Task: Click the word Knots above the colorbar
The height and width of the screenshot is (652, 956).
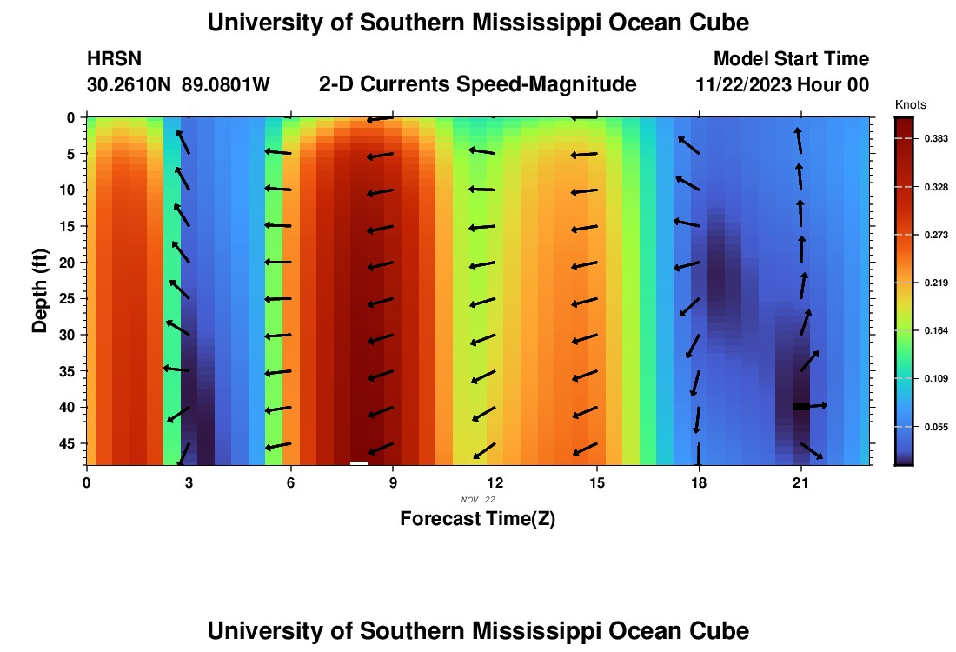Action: [x=910, y=104]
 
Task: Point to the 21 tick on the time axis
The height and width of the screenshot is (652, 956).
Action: [x=800, y=482]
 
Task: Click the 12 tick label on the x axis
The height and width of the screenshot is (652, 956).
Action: [x=495, y=482]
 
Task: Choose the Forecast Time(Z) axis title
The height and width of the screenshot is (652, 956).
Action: [x=477, y=519]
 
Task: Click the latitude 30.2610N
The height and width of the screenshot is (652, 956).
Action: [x=129, y=85]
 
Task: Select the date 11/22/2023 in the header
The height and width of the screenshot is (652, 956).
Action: [x=750, y=85]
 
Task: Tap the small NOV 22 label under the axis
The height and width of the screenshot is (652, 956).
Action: [x=477, y=500]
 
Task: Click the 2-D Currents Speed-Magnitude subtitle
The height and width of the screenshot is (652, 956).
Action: [x=477, y=84]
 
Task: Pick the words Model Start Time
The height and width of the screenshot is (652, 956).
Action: [x=790, y=59]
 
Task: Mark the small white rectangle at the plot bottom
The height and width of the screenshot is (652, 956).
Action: [x=358, y=463]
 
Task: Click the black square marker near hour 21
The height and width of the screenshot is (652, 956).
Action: [x=800, y=407]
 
